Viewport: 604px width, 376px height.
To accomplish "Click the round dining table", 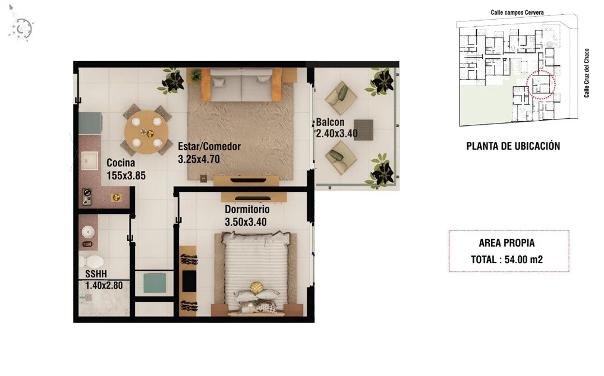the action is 146,132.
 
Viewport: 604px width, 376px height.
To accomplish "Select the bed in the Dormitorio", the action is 254,274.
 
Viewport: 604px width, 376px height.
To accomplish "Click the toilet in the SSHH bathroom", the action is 91,262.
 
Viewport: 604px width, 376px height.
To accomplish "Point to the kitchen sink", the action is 90,160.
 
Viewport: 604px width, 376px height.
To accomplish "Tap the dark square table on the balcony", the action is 363,129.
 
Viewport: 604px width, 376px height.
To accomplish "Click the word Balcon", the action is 330,122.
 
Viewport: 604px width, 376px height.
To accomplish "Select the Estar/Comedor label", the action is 209,146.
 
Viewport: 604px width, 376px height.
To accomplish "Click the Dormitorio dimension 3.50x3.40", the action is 246,222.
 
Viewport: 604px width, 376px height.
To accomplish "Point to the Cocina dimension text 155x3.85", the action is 126,176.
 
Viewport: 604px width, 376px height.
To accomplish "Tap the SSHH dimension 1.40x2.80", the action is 104,286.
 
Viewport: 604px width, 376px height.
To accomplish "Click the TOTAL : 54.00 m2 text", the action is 507,260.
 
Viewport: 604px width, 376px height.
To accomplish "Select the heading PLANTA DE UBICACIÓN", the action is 513,146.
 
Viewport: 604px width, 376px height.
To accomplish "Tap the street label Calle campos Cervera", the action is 517,12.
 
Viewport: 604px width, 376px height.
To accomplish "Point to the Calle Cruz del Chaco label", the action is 586,72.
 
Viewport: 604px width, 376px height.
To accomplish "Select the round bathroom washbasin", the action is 88,232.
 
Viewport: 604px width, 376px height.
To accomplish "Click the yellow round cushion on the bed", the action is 256,287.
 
